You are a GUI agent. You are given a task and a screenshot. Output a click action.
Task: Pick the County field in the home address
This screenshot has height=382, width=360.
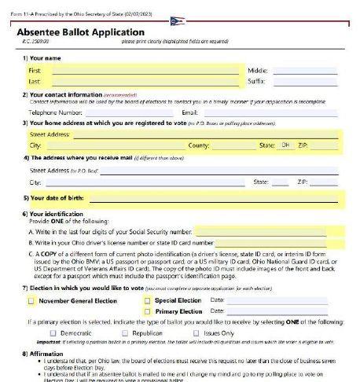point(231,145)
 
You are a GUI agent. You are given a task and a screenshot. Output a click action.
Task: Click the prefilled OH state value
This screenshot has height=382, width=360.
point(285,145)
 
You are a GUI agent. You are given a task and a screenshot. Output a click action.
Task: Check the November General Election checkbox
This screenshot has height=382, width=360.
point(31,300)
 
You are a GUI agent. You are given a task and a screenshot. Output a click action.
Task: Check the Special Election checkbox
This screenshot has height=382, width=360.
point(147,300)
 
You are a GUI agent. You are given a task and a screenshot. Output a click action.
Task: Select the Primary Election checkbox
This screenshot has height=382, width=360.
point(147,311)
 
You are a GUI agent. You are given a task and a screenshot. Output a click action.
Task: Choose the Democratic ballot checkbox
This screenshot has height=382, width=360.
point(53,333)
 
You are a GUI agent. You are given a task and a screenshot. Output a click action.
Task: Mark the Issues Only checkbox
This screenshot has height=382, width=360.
point(197,333)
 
